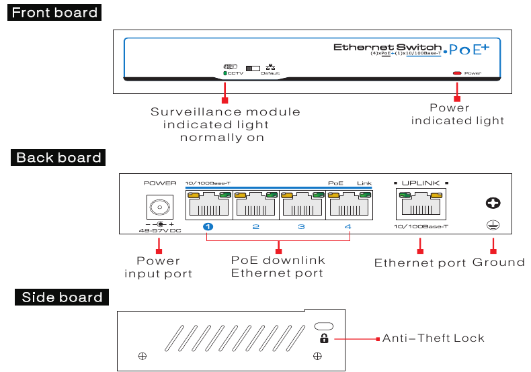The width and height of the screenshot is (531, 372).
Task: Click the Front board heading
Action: click(54, 13)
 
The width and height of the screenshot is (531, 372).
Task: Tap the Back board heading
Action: click(58, 158)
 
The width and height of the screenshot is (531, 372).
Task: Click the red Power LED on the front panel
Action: click(457, 73)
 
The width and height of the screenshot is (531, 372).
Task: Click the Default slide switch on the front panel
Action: click(253, 68)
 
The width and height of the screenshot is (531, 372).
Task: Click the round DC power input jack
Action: click(159, 206)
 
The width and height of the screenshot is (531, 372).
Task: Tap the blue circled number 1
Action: click(208, 227)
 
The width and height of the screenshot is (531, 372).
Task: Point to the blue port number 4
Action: click(348, 227)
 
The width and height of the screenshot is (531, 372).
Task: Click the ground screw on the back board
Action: click(492, 203)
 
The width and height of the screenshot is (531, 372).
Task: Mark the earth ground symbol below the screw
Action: click(492, 226)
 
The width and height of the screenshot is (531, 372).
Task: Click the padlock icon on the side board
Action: click(324, 338)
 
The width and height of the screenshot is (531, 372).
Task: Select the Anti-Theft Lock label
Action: click(434, 338)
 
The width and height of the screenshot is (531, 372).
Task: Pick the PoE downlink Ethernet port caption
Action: click(278, 267)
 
